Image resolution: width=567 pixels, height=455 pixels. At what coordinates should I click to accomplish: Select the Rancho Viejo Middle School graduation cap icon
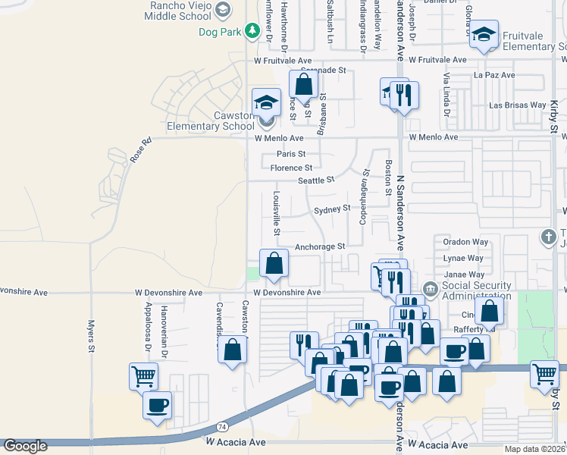click(x=222, y=10)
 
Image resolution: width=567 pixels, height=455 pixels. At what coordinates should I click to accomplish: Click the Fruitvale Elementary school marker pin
click(x=484, y=35)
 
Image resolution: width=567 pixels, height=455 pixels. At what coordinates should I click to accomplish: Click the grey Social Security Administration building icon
click(x=430, y=288)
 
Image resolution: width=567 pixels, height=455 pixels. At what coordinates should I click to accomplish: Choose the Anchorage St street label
click(x=320, y=246)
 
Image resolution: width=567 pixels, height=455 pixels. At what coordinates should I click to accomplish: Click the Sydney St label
click(x=332, y=208)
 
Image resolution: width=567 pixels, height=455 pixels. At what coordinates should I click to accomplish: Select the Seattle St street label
click(x=316, y=180)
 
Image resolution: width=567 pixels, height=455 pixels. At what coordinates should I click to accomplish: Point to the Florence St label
click(x=292, y=168)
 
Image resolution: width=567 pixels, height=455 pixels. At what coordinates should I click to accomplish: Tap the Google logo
click(x=25, y=446)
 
